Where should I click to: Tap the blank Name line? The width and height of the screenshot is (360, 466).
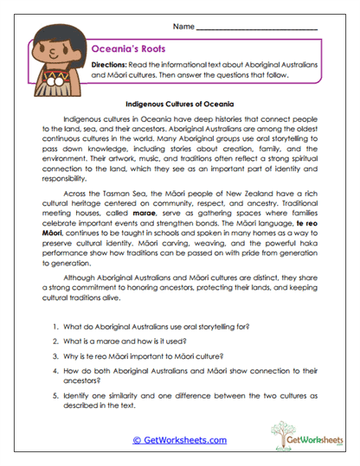[x=256, y=29]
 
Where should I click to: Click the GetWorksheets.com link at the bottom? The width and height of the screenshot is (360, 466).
[x=180, y=439]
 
